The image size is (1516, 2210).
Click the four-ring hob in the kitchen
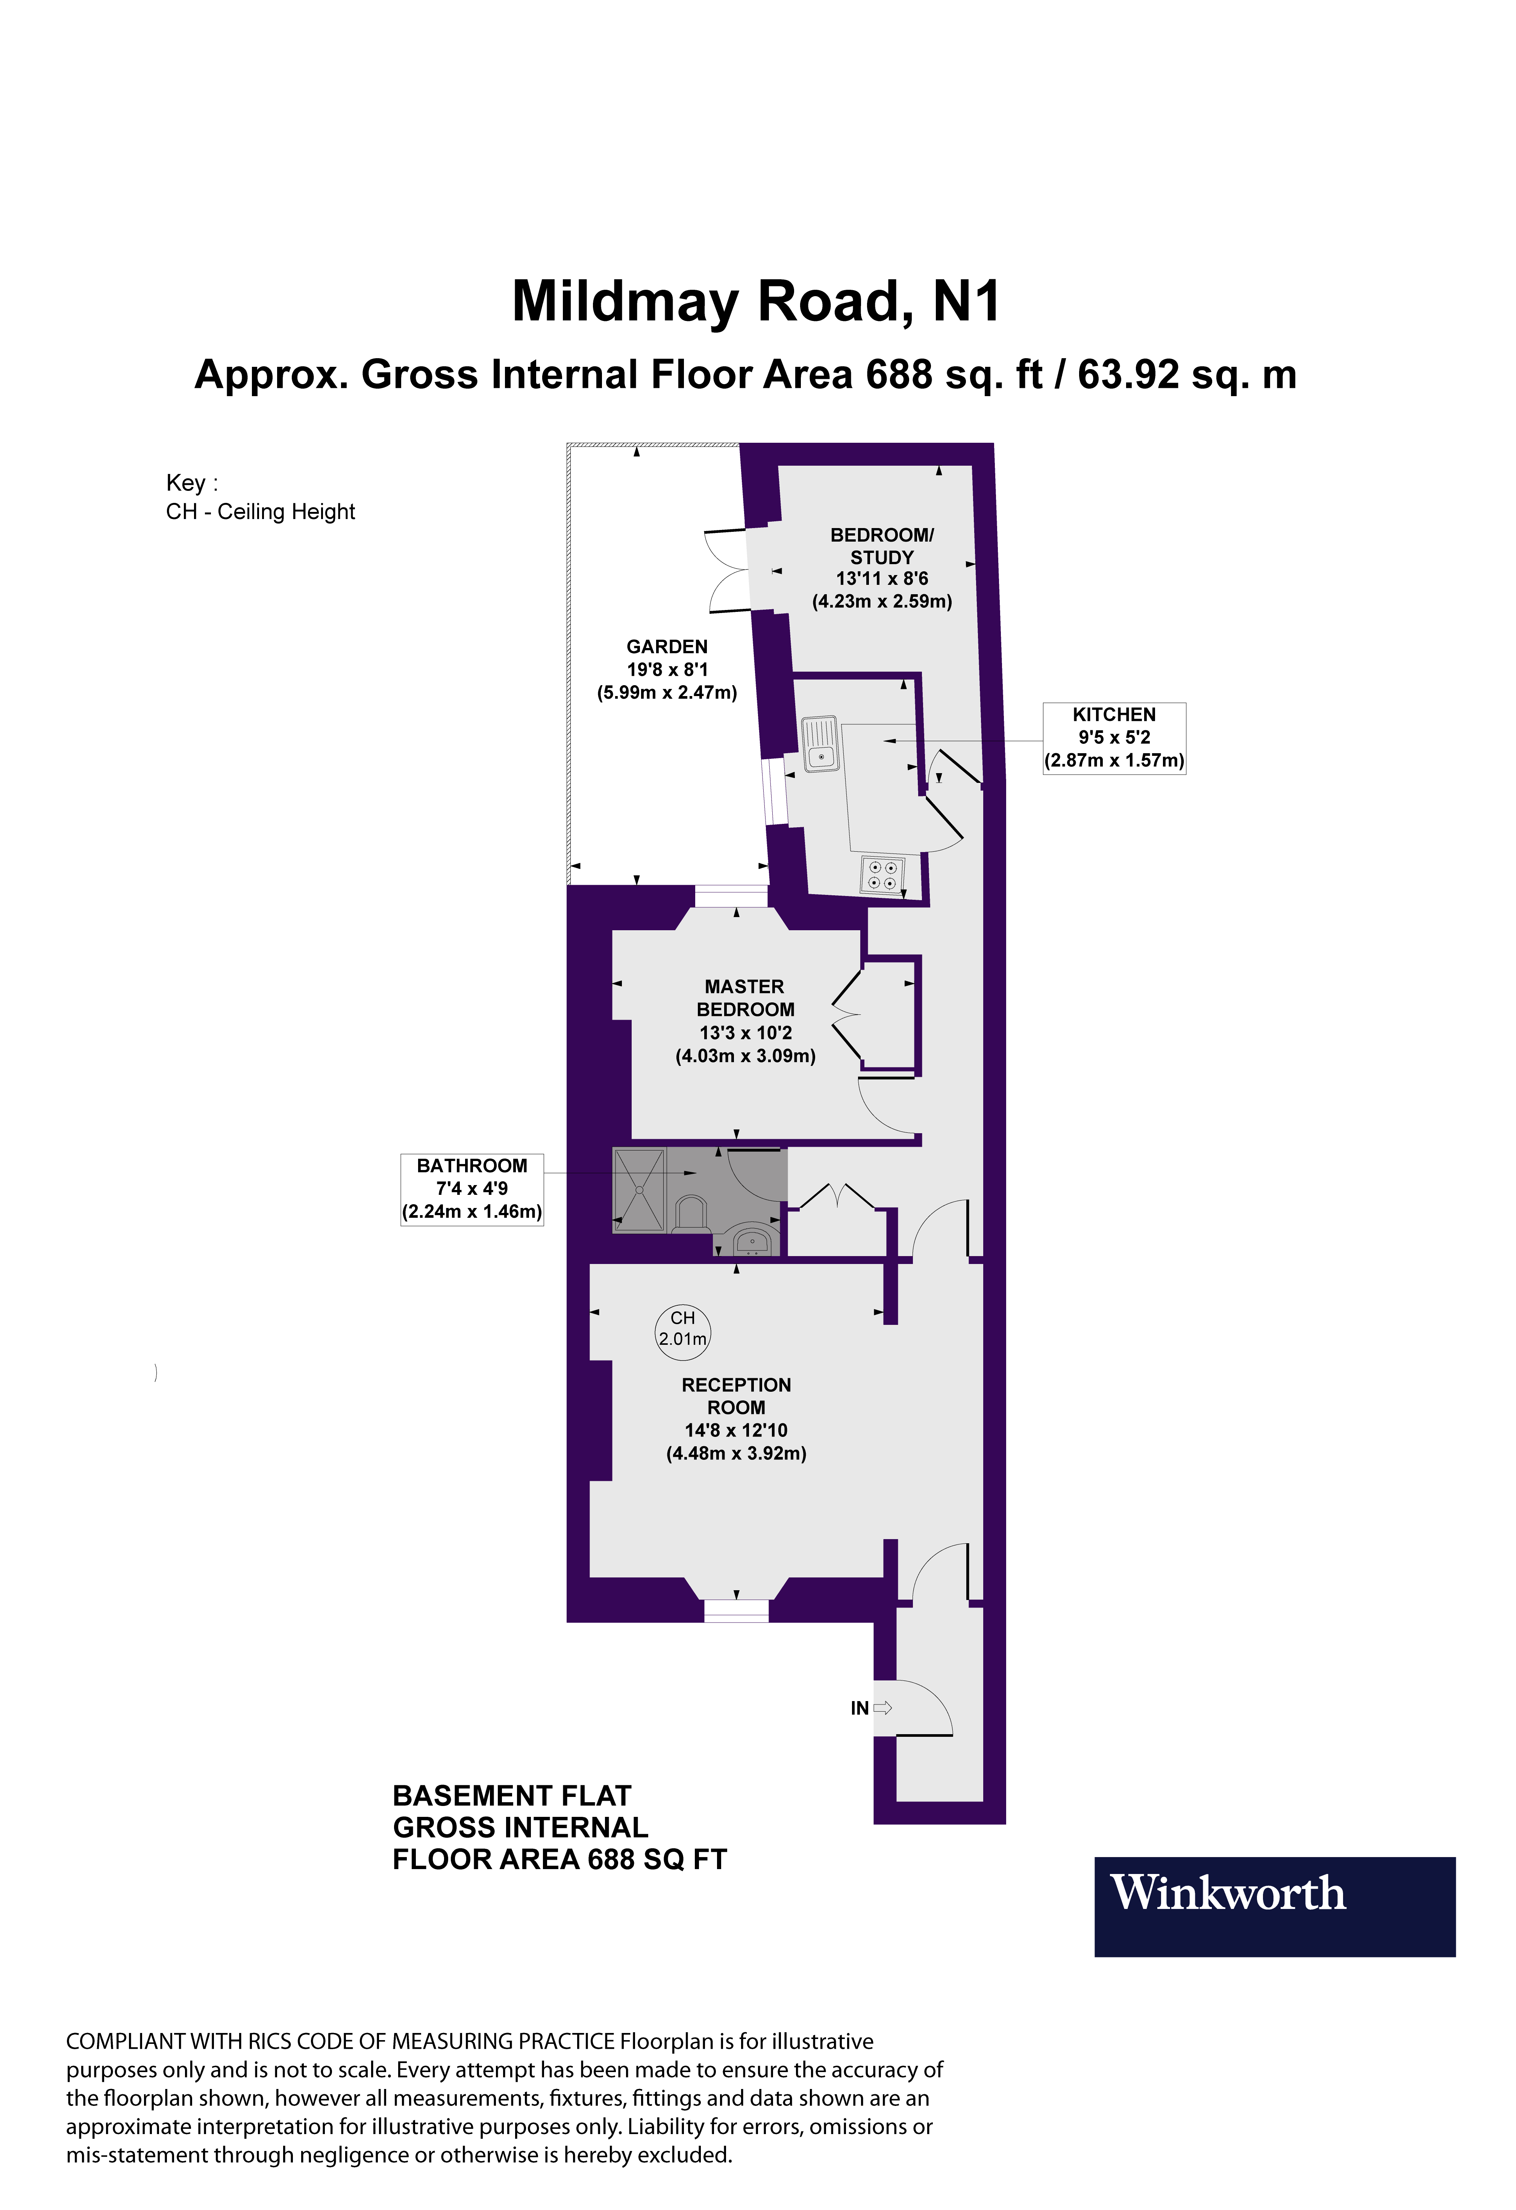pos(882,875)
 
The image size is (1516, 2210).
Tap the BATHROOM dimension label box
pos(472,1189)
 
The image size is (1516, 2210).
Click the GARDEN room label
pos(667,646)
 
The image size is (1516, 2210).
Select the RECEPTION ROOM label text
pos(736,1396)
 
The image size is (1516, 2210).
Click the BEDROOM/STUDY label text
pos(882,546)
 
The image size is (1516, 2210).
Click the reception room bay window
pos(736,1609)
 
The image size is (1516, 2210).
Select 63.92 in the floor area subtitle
pos(1128,375)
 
